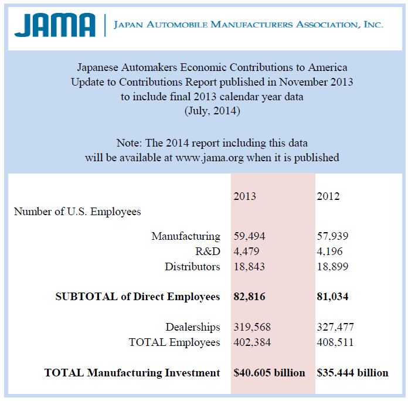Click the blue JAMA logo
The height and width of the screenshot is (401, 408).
[x=55, y=25]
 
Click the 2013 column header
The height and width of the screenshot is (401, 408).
[x=244, y=196]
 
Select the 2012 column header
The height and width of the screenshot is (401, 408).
[x=328, y=196]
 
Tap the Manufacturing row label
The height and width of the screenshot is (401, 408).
[x=186, y=236]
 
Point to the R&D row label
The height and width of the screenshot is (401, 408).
[x=208, y=251]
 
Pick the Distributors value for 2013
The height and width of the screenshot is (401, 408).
[x=249, y=267]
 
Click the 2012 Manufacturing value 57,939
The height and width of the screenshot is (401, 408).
[x=332, y=236]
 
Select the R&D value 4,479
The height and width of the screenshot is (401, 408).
[x=246, y=251]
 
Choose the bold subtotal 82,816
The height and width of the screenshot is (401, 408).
[x=249, y=297]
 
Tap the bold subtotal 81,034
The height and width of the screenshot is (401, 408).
[x=332, y=297]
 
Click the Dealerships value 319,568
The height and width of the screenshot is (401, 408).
[x=252, y=327]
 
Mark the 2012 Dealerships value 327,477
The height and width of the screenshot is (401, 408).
[x=335, y=327]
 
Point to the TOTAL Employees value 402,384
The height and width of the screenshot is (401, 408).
[x=252, y=342]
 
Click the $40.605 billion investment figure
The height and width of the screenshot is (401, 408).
[x=269, y=373]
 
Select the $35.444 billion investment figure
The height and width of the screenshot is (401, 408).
[x=352, y=373]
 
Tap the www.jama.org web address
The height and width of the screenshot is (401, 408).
[x=209, y=158]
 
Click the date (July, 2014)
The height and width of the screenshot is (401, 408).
[x=212, y=111]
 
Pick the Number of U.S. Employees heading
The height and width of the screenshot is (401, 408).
[x=77, y=212]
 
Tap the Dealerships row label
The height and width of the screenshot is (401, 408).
[x=193, y=327]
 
